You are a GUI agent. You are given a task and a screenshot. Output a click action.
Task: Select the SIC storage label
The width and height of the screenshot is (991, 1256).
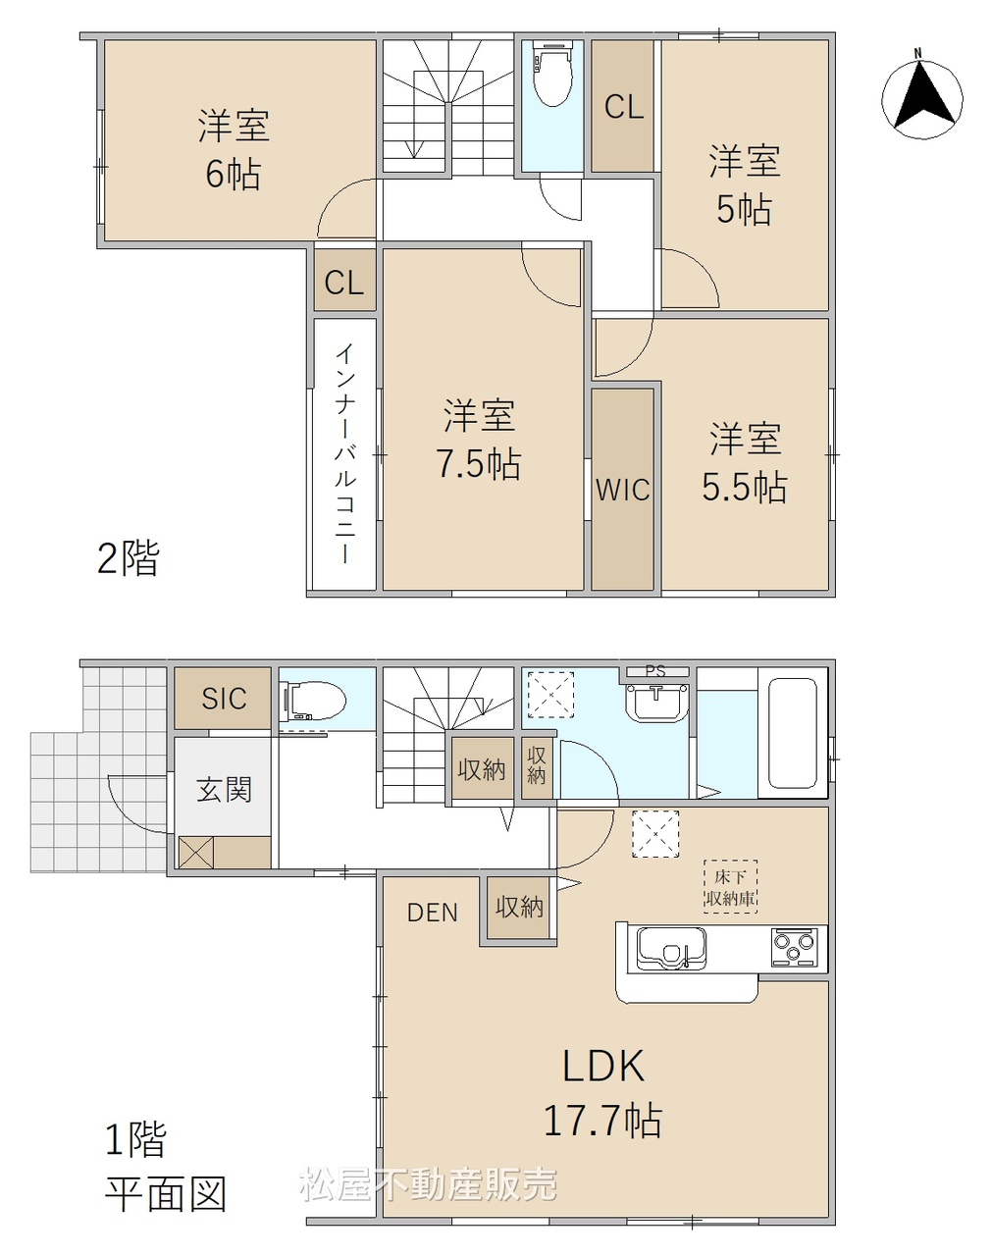[x=224, y=698]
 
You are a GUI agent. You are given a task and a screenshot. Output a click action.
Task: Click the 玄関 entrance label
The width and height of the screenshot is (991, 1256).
[x=224, y=790]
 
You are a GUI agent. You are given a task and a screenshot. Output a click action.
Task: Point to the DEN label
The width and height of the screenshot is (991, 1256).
[x=433, y=913]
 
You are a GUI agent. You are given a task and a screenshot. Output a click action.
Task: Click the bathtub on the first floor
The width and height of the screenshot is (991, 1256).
[x=792, y=733]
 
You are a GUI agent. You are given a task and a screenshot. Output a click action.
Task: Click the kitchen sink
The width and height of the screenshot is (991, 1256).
[x=671, y=949]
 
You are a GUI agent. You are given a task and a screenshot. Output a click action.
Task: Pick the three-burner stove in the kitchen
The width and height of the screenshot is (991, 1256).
[x=793, y=947]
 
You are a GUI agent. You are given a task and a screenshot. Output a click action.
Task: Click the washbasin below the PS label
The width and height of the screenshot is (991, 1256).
[x=656, y=703]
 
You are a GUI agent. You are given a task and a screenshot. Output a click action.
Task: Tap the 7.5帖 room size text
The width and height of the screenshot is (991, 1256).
[x=479, y=464]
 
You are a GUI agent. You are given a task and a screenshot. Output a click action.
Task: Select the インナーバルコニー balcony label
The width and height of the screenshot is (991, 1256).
[x=345, y=453]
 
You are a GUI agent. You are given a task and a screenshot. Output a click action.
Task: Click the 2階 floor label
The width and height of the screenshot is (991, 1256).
[x=129, y=558]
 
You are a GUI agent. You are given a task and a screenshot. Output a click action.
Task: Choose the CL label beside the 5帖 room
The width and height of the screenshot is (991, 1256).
[x=624, y=107]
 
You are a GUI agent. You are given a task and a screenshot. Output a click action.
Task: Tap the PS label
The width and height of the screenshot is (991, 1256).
[x=655, y=671]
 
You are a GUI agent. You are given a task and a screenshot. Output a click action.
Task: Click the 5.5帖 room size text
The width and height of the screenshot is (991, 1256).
[x=744, y=487]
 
